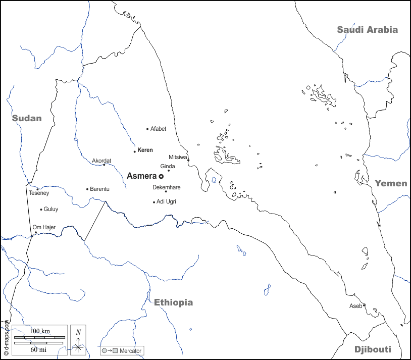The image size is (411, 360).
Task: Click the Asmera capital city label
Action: click(141, 176)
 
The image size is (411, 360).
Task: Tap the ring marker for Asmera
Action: click(161, 176)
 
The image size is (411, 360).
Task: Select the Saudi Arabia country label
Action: click(367, 30)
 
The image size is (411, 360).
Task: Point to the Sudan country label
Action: click(27, 118)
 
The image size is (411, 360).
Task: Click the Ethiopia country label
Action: click(173, 302)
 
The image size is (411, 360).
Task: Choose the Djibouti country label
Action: click(373, 349)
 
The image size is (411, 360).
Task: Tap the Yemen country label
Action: click(390, 183)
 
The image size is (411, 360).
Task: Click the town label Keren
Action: click(145, 150)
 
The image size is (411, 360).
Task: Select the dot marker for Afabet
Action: click(147, 129)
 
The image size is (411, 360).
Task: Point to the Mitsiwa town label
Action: click(178, 157)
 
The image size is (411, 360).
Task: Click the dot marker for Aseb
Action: click(364, 305)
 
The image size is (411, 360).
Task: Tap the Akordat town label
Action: click(101, 161)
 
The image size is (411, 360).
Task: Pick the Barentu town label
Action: click(99, 189)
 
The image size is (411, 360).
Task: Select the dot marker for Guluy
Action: click(41, 209)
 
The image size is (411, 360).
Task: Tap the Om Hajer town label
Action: click(44, 227)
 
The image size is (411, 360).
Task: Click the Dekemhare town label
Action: click(167, 187)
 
